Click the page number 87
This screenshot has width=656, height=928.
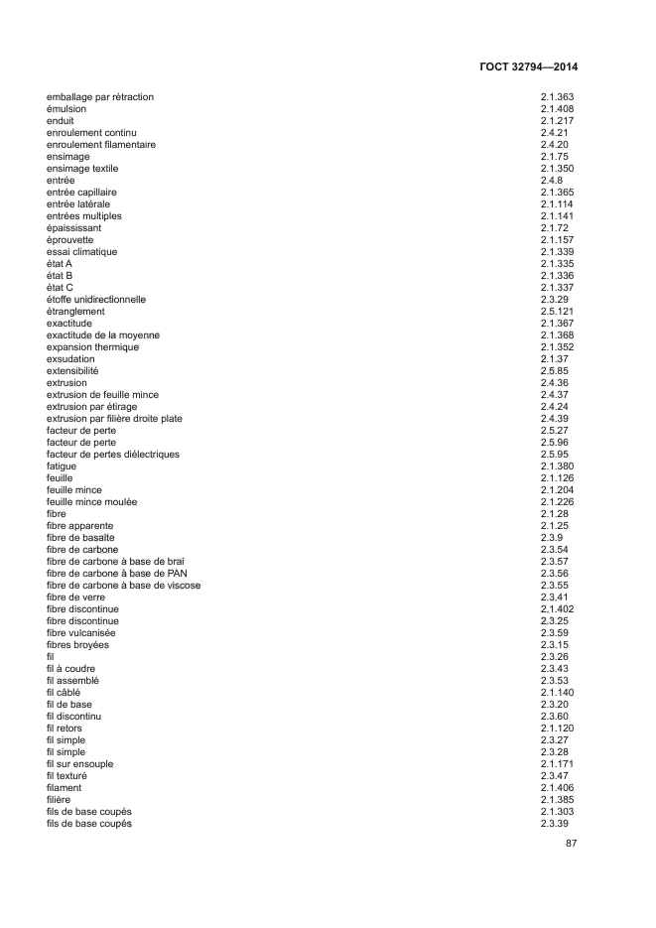[571, 844]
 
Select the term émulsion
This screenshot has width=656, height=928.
[67, 109]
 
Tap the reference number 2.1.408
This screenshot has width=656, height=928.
[558, 109]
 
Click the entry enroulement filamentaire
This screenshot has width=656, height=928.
[101, 145]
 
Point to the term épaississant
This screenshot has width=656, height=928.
[74, 228]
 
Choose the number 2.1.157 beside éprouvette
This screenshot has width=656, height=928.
[558, 240]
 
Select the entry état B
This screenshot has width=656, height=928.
[60, 276]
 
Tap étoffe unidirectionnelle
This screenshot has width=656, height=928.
[96, 300]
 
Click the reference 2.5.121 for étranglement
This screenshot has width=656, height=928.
[558, 312]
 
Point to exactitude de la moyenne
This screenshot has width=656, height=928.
[103, 335]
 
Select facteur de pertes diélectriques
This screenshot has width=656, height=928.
[113, 455]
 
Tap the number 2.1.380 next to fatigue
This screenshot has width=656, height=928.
[558, 466]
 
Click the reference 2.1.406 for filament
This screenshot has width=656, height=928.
[558, 788]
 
